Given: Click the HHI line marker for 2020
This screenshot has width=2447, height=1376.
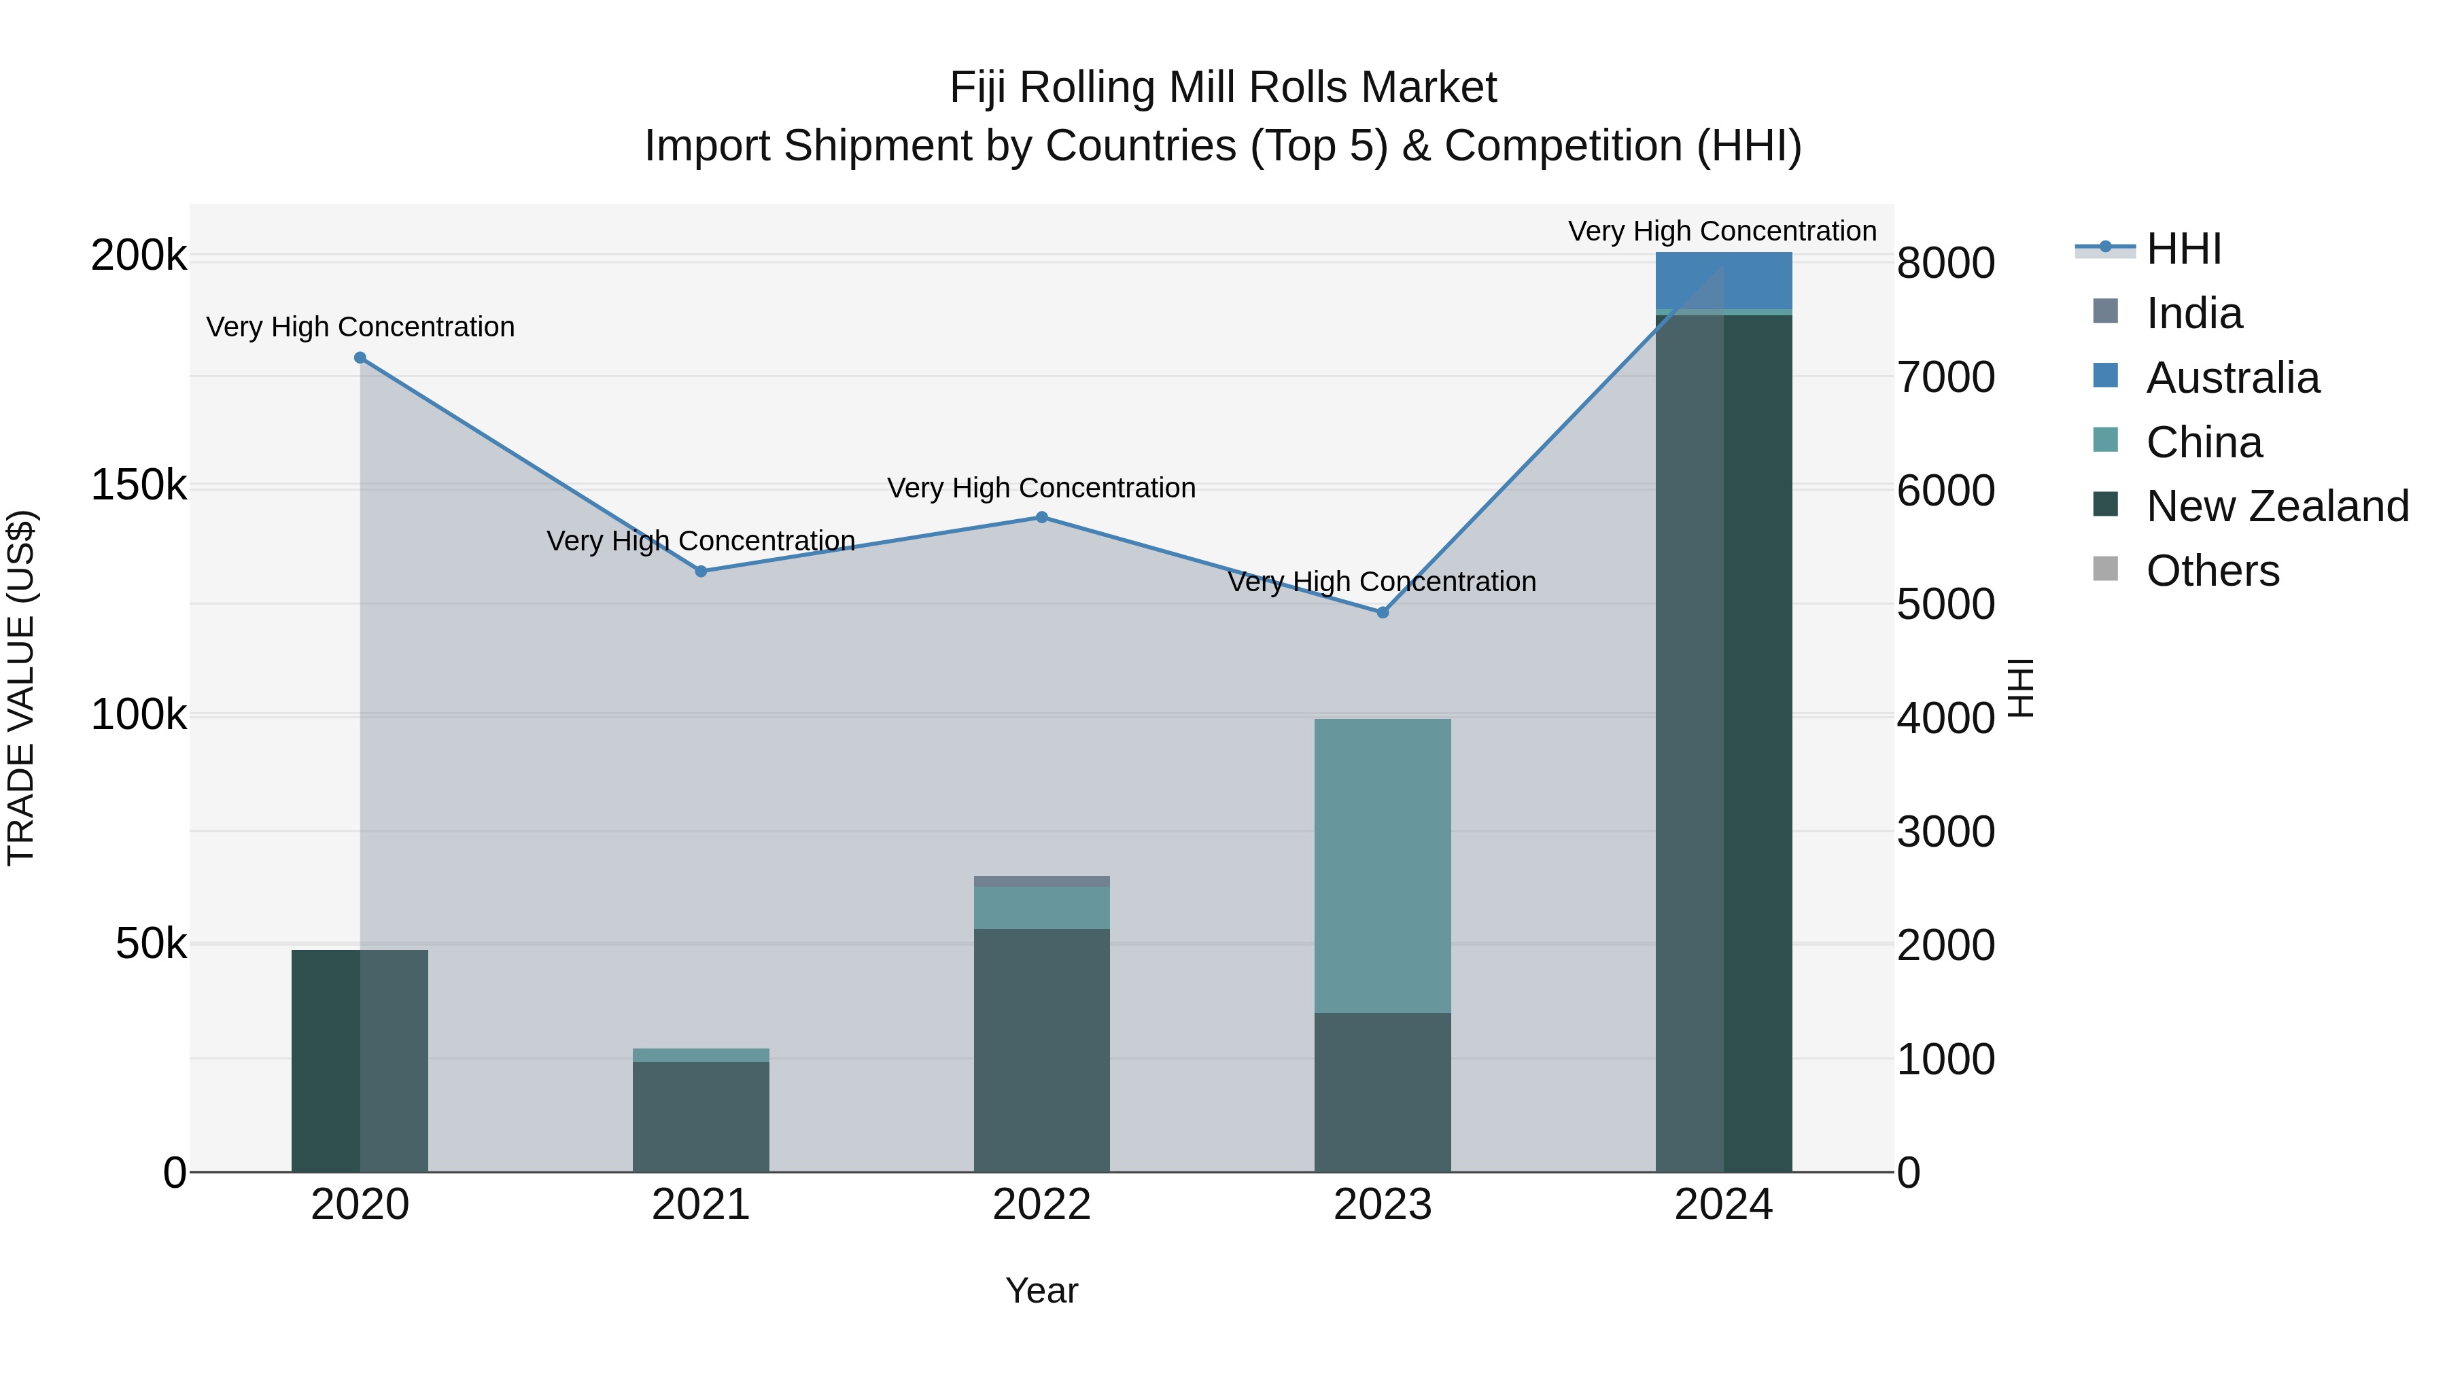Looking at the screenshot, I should (360, 358).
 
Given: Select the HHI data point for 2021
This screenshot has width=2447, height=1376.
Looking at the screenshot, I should (701, 571).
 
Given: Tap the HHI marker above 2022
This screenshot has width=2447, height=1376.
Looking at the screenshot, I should (1041, 518).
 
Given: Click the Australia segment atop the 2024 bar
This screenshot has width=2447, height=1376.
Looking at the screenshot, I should (1723, 280).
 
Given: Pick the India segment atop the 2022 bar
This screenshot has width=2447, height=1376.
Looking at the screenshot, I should (1041, 881).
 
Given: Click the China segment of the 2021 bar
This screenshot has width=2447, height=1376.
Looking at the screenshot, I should (701, 1055).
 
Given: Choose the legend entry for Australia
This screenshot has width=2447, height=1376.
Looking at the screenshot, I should (2232, 378).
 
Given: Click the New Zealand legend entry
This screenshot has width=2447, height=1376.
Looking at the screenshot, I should (2277, 506).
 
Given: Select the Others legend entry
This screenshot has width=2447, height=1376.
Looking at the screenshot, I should (2212, 571).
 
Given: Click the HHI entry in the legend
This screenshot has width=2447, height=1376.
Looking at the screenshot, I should (2183, 249).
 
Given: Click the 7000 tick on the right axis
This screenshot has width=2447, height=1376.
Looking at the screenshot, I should (1945, 377).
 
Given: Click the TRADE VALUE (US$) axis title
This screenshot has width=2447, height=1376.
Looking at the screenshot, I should (21, 688).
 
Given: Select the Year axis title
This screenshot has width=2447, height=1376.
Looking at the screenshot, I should (1041, 1290).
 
